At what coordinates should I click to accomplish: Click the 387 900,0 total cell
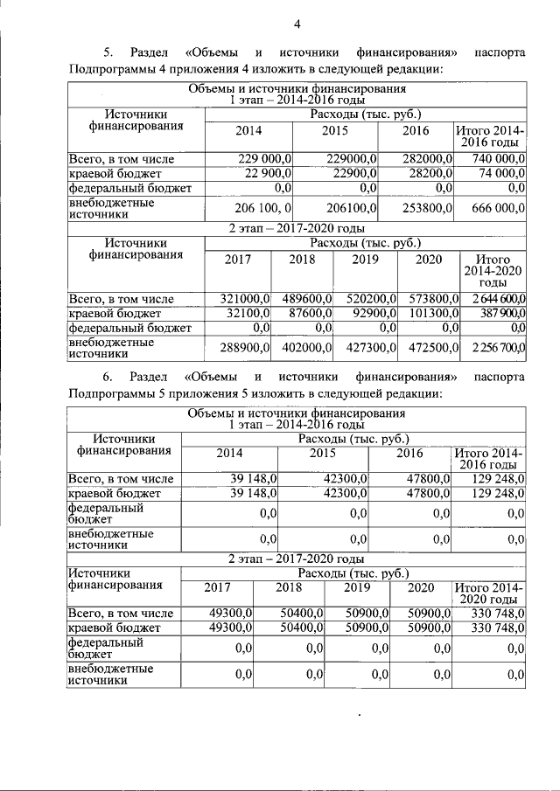click(501, 313)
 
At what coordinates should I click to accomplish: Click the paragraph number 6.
click(108, 378)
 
